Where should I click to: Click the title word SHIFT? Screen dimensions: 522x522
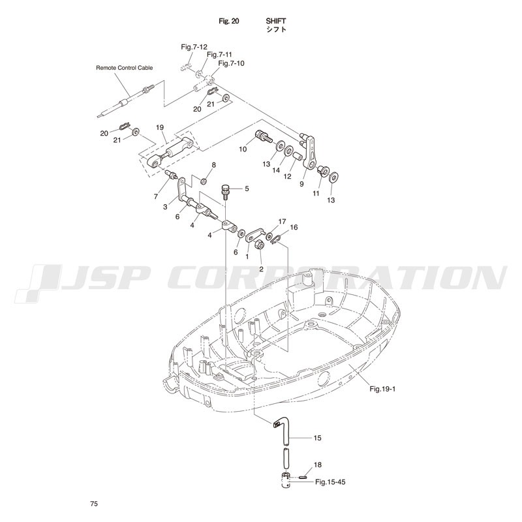click(x=275, y=21)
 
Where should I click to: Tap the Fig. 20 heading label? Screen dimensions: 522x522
click(x=229, y=21)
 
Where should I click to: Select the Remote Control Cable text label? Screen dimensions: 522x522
click(x=125, y=68)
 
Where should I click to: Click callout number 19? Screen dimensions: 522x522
click(x=160, y=127)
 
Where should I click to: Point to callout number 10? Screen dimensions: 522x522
click(x=243, y=149)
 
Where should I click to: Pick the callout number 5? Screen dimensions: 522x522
click(x=247, y=189)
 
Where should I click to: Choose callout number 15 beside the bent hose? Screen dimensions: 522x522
click(x=318, y=438)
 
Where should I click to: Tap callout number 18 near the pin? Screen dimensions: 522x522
click(x=318, y=465)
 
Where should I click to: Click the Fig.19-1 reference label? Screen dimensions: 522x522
click(x=382, y=389)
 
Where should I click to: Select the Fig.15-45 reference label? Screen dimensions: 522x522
click(x=330, y=482)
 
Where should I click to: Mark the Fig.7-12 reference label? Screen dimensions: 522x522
click(x=194, y=47)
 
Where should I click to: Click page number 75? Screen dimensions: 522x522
click(x=94, y=504)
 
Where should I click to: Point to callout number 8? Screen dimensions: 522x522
click(x=214, y=165)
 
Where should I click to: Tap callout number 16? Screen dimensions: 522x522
click(x=294, y=227)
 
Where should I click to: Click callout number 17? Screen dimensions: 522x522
click(x=283, y=221)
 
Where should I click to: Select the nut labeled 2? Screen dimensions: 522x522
click(x=260, y=245)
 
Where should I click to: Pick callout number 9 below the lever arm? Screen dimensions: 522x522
click(x=301, y=184)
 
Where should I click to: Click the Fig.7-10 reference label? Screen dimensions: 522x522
click(x=232, y=63)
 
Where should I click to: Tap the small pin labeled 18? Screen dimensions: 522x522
click(x=303, y=478)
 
